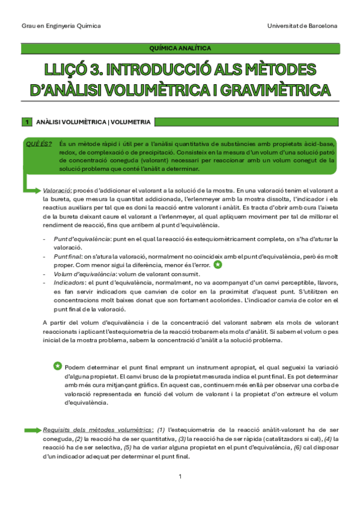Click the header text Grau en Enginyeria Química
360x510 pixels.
click(61, 26)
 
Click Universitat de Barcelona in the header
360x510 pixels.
click(302, 26)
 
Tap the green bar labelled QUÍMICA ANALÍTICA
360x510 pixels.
click(180, 49)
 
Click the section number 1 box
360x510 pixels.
click(26, 122)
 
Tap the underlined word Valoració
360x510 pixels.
click(58, 190)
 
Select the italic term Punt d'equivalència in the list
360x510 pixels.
click(81, 239)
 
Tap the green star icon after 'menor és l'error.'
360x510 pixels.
click(218, 265)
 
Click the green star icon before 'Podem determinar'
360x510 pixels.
click(57, 366)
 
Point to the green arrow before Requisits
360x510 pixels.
click(31, 431)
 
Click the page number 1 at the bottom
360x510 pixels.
click(180, 476)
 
